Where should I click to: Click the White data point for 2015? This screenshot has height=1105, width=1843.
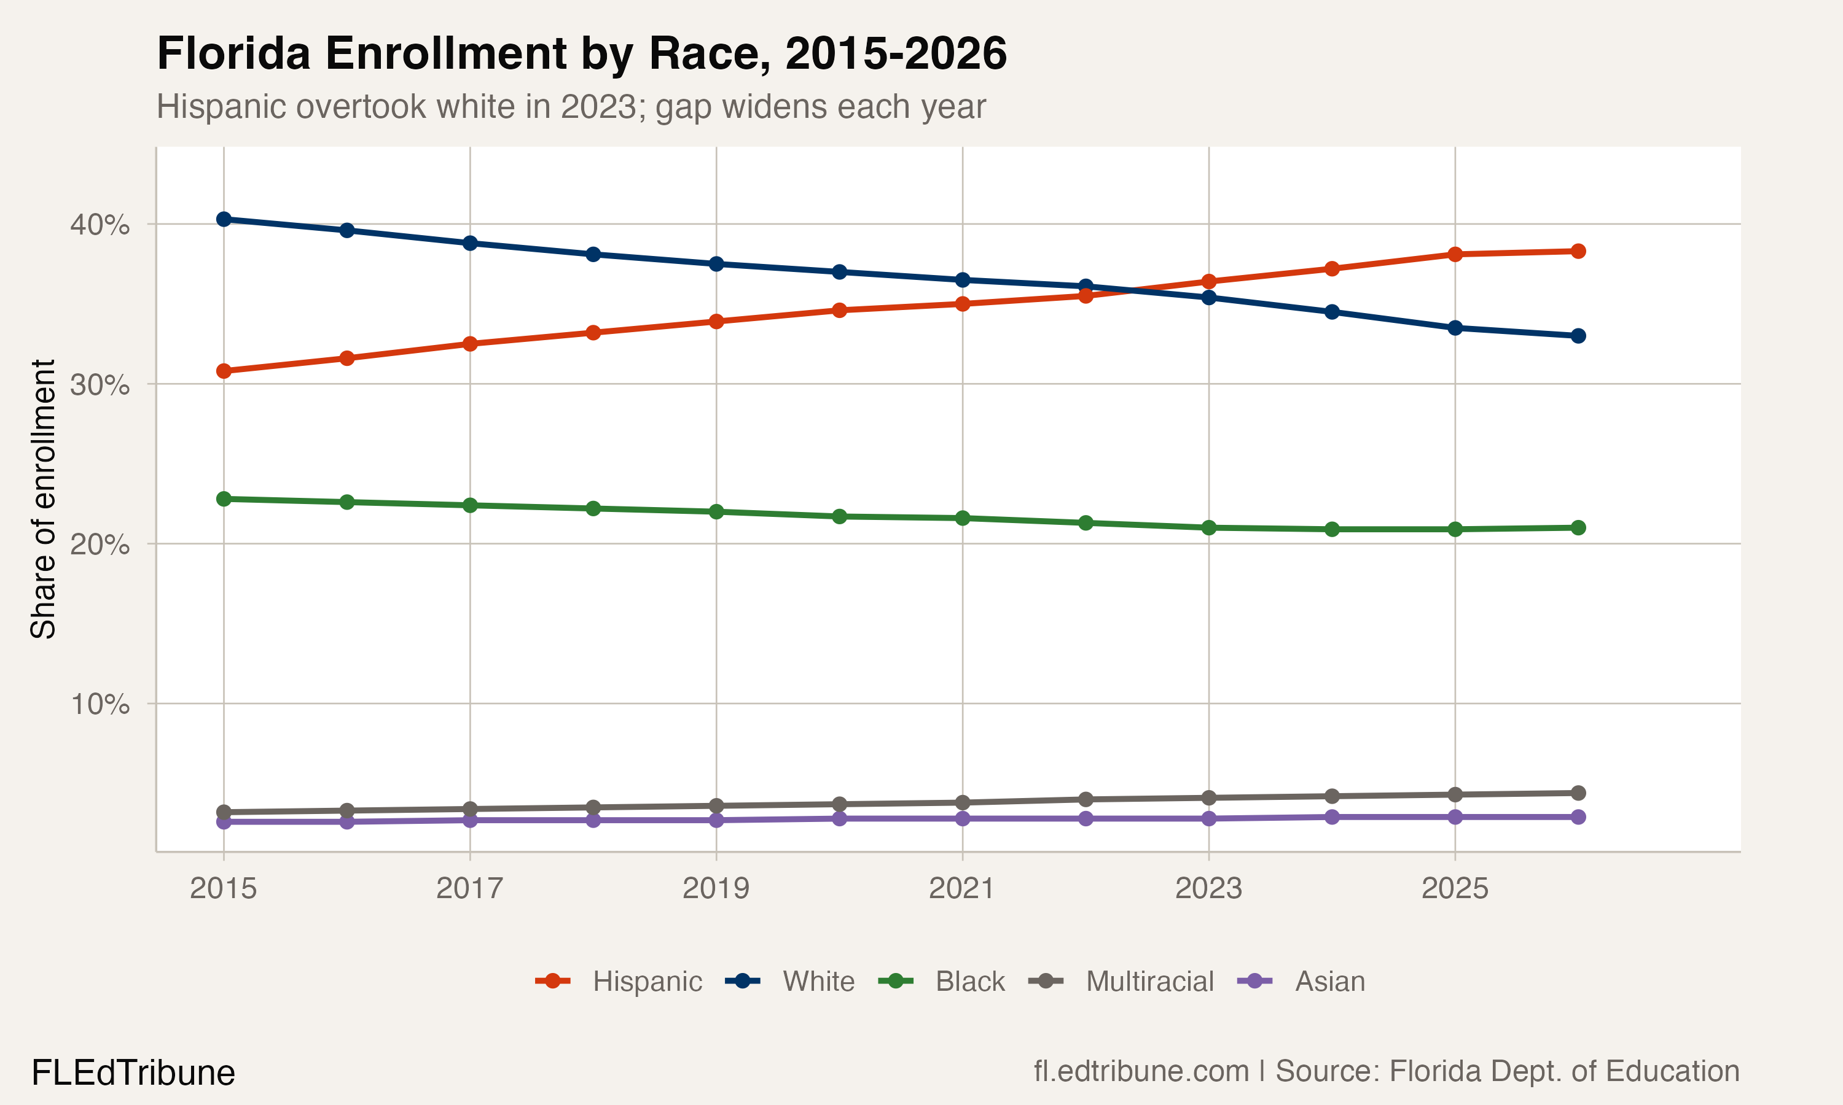click(x=224, y=219)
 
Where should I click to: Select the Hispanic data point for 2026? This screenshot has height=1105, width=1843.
click(x=1578, y=251)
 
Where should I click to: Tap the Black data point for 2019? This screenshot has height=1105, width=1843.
click(x=716, y=511)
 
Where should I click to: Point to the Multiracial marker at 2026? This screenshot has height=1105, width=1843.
click(x=1578, y=793)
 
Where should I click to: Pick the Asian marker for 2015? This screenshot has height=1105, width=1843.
click(x=224, y=822)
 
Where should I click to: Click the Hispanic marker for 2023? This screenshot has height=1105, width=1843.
click(x=1208, y=281)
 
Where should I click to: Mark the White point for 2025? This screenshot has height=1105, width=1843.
click(x=1455, y=328)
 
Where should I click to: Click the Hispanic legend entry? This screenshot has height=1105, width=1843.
click(x=618, y=982)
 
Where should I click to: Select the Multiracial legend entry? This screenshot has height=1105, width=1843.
click(x=1121, y=982)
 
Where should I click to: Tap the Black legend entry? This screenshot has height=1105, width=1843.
click(x=942, y=982)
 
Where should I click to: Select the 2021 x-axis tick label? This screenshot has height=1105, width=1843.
click(x=961, y=888)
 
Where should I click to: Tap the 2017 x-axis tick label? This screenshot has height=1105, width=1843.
click(x=469, y=888)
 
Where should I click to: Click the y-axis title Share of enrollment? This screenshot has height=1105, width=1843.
click(x=43, y=499)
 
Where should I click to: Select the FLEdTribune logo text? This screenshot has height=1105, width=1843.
click(x=133, y=1073)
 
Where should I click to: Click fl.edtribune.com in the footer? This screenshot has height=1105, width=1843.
click(x=1141, y=1071)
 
